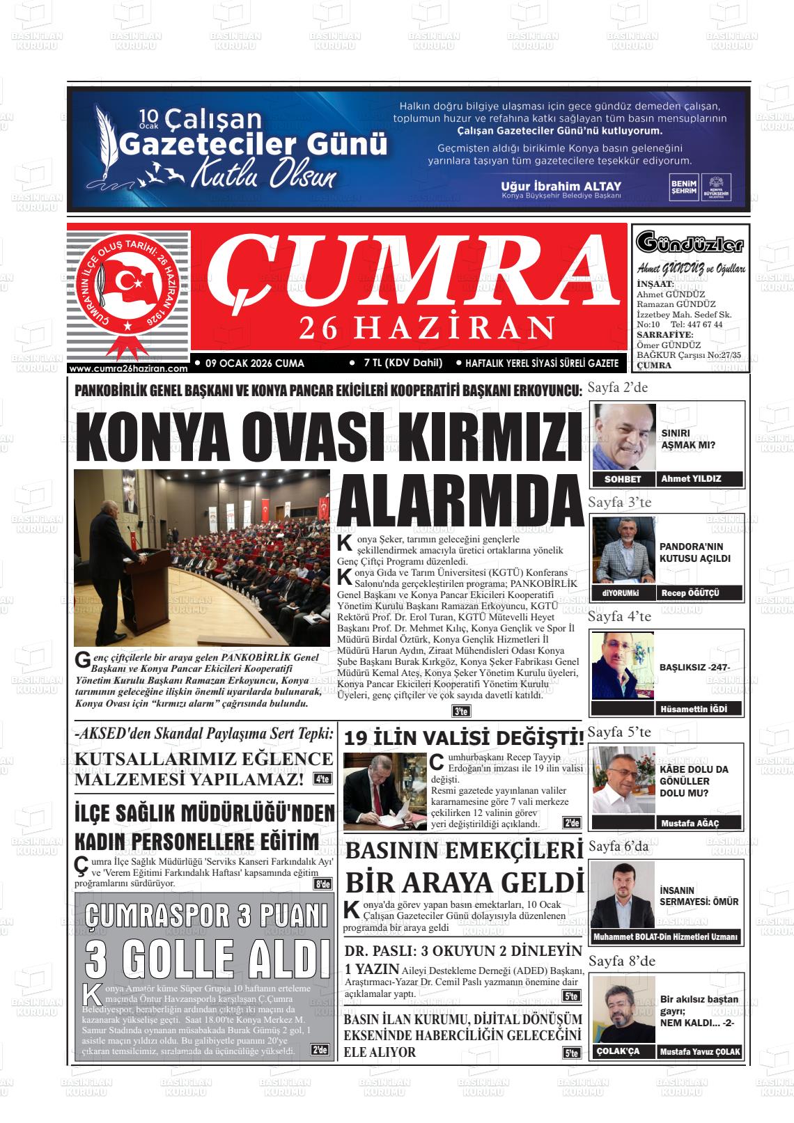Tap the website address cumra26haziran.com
click(x=129, y=368)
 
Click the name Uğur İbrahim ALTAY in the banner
click(x=561, y=187)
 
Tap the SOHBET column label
click(x=622, y=479)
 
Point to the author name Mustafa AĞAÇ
click(x=690, y=823)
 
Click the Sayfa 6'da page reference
click(x=618, y=847)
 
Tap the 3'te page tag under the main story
click(x=461, y=712)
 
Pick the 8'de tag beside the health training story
click(x=322, y=884)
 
